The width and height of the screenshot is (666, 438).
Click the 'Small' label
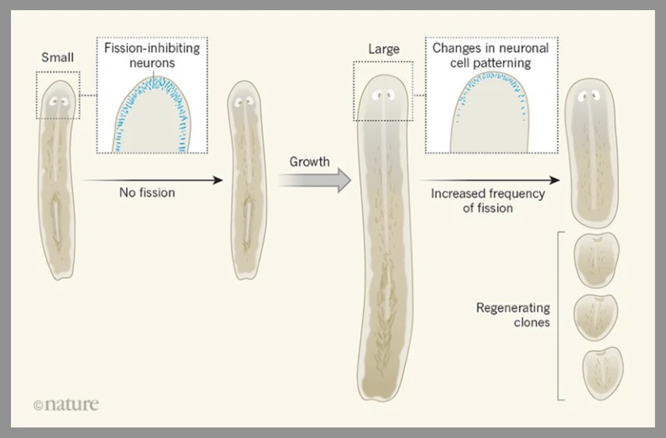point(58,57)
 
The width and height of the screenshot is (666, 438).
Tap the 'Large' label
point(384,49)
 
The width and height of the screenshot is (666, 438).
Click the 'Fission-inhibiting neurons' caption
point(152,55)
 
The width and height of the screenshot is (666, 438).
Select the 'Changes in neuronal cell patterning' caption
point(491,55)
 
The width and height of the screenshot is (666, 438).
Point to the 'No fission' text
point(147,192)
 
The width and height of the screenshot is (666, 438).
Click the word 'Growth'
point(309,161)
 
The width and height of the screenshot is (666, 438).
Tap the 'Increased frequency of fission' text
point(488,200)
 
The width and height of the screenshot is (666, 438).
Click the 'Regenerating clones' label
point(513,315)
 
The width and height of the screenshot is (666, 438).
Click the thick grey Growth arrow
point(316,180)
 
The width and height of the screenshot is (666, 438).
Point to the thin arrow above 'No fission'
point(153,180)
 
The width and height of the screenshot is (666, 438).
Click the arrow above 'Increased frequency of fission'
point(489,180)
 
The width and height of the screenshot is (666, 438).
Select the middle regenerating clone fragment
point(596,318)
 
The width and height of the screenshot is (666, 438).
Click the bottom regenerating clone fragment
point(602,373)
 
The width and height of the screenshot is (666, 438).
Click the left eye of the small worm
point(54,102)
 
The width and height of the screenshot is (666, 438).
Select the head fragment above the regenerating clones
point(592,152)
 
